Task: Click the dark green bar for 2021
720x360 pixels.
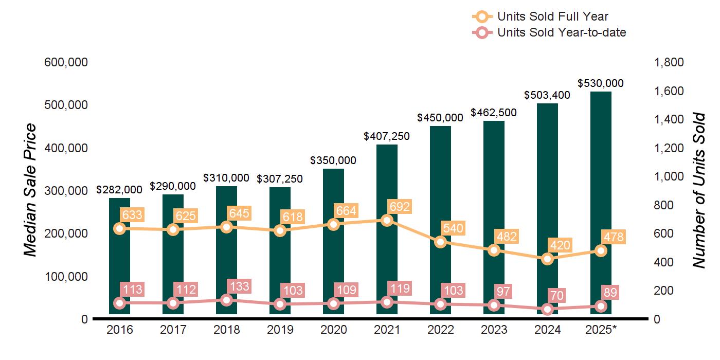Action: click(x=387, y=229)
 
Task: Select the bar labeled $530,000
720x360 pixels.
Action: click(x=601, y=203)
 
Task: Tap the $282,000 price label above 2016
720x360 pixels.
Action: click(x=119, y=190)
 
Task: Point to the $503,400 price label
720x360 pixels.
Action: click(x=547, y=95)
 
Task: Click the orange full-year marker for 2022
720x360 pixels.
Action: click(x=440, y=242)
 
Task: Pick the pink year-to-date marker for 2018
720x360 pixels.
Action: click(x=227, y=300)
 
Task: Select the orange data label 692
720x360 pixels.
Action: click(x=400, y=207)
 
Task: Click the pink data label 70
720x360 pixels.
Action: click(x=557, y=296)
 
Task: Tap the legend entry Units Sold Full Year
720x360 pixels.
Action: click(x=541, y=16)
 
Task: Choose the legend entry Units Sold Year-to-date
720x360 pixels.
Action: click(x=549, y=32)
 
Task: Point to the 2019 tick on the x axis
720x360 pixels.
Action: click(x=280, y=330)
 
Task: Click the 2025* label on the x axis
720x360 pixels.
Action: click(x=601, y=330)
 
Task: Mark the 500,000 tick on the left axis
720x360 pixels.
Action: click(x=66, y=105)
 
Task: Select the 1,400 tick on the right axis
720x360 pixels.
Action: click(x=669, y=119)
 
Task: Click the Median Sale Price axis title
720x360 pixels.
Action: click(x=30, y=190)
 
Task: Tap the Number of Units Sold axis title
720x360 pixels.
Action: click(x=699, y=190)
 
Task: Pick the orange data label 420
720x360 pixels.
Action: click(x=560, y=245)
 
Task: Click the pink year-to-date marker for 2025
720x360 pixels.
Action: click(x=601, y=307)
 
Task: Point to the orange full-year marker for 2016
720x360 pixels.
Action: click(x=119, y=229)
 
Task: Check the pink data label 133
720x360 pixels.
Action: click(x=240, y=286)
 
